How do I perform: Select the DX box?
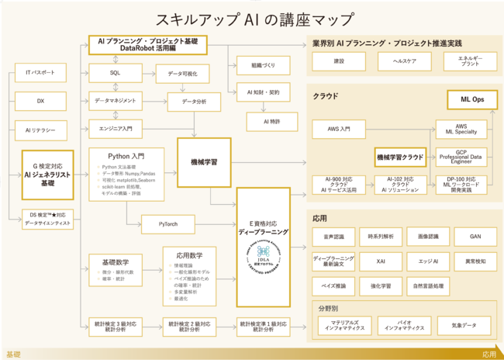[x=40, y=102]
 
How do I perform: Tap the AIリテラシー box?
[x=40, y=130]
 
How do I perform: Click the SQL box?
[x=115, y=73]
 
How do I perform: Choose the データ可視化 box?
[x=182, y=74]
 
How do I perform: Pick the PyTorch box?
[x=168, y=224]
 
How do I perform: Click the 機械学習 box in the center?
[x=204, y=162]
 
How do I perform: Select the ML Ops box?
[x=472, y=99]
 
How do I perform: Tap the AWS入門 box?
[x=338, y=129]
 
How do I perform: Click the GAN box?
[x=475, y=236]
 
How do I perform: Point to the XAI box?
[x=381, y=261]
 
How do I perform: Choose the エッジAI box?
[x=428, y=261]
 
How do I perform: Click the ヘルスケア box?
[x=406, y=61]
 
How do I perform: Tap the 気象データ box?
[x=464, y=325]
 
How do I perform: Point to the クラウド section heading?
[x=326, y=96]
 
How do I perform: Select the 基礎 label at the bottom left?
[x=14, y=354]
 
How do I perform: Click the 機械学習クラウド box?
[x=401, y=157]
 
